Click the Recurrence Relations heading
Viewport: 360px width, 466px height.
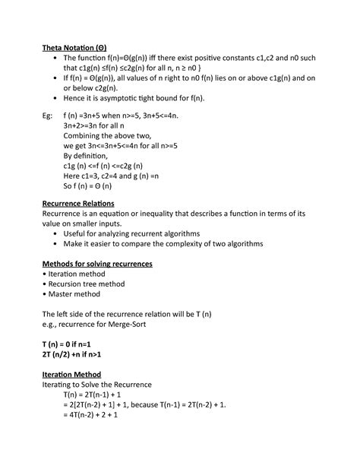click(77, 204)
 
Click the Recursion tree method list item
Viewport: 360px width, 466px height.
click(85, 283)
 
